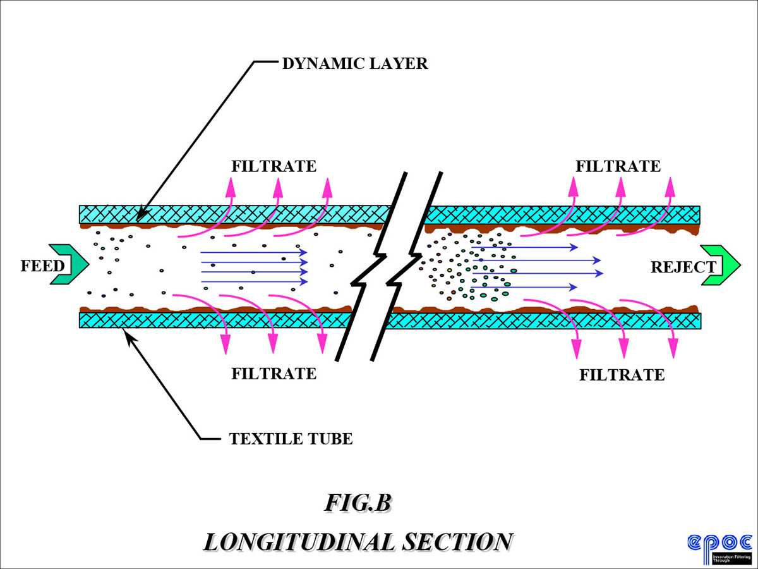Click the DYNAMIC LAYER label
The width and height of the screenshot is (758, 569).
click(x=354, y=63)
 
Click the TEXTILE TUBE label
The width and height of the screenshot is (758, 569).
click(x=291, y=438)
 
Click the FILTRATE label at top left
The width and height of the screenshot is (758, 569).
click(x=274, y=166)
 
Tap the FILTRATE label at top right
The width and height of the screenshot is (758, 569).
click(x=618, y=166)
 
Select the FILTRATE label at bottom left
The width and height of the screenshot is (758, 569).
click(x=274, y=373)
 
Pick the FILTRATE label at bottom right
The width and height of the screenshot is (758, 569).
click(x=622, y=375)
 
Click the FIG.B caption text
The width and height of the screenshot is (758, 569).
click(x=359, y=503)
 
